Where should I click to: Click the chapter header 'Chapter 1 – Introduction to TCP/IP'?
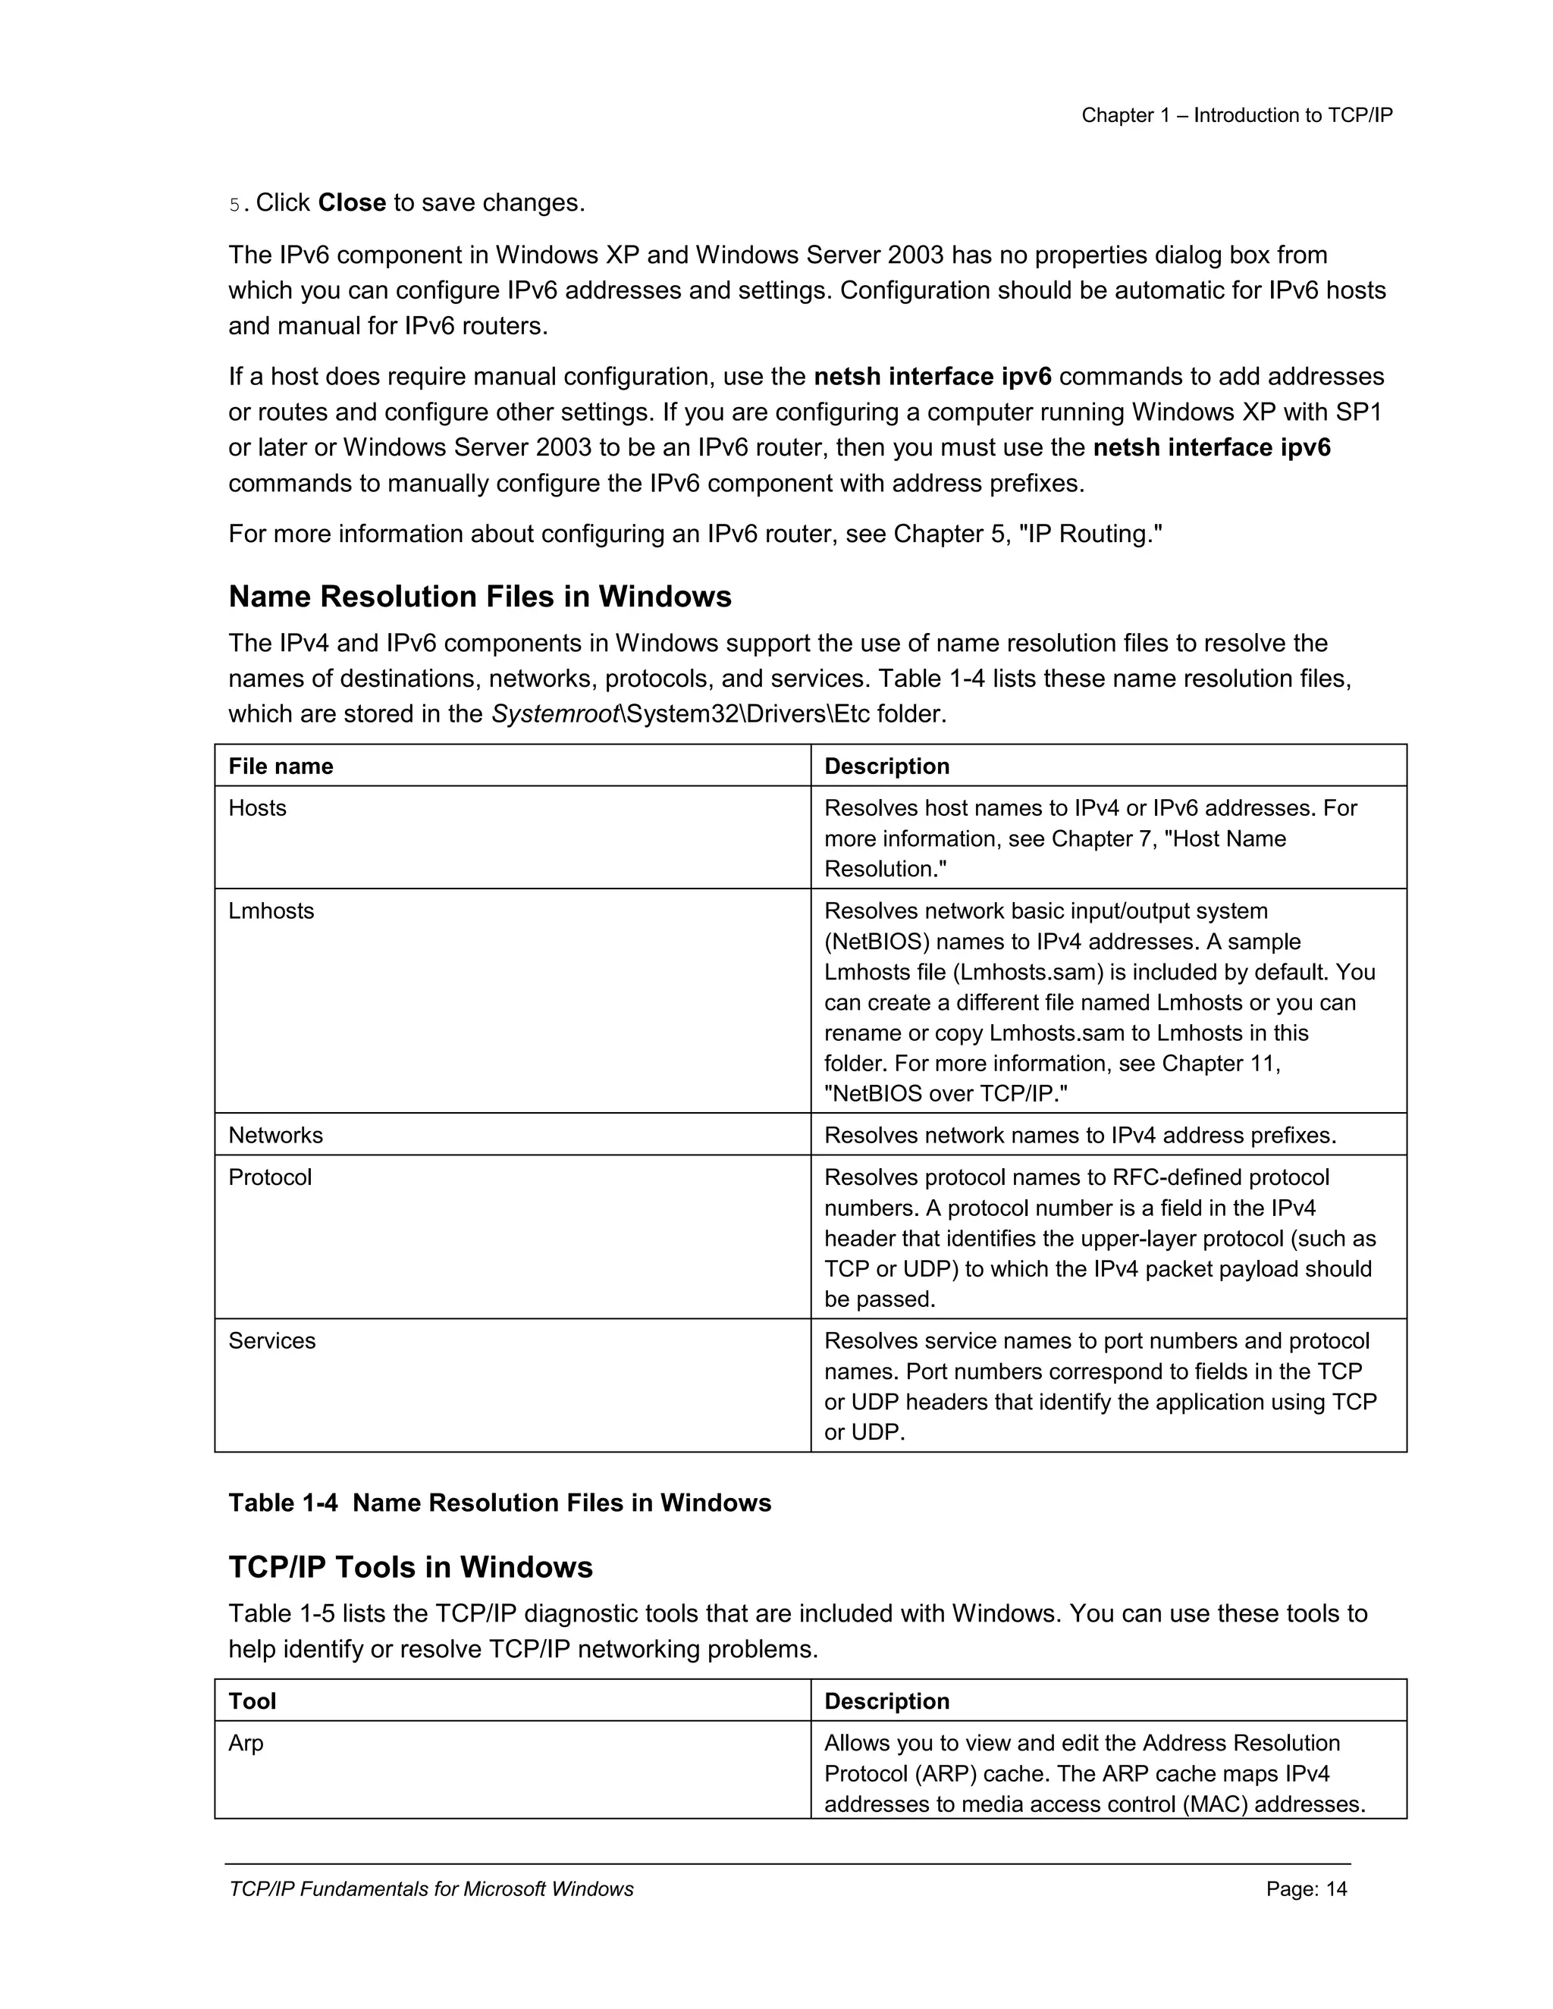point(1237,115)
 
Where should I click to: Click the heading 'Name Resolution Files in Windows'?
point(479,597)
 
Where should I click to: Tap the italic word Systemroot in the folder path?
point(554,714)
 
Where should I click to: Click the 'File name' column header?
point(281,766)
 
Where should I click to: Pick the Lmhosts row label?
point(271,910)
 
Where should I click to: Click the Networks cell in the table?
point(276,1135)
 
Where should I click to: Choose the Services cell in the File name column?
point(271,1340)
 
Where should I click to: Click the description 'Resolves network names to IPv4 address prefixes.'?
point(1080,1135)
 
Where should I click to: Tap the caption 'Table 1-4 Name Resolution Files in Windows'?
point(500,1503)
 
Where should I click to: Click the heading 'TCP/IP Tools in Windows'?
point(410,1568)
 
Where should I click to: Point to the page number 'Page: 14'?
point(1307,1889)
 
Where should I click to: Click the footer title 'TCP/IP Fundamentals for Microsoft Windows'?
point(431,1889)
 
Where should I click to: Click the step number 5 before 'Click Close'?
point(234,204)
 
